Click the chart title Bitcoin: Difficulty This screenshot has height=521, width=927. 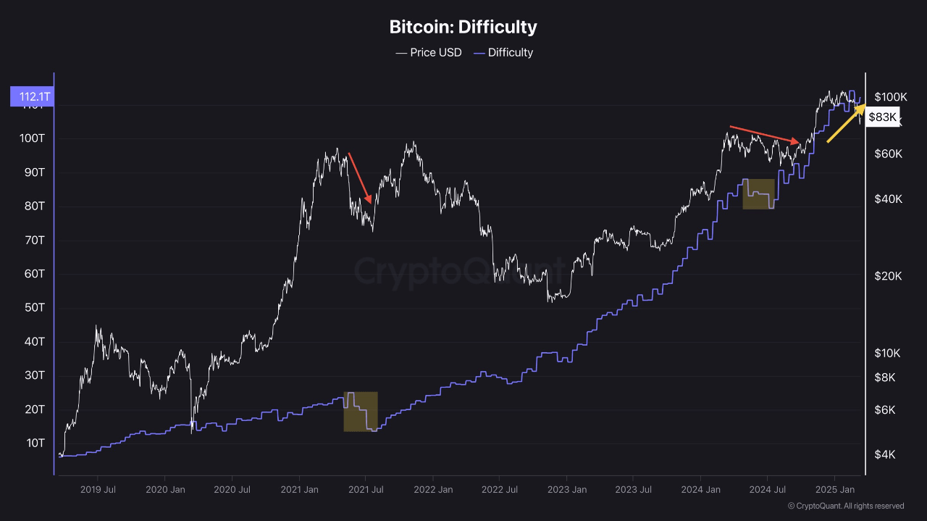pyautogui.click(x=463, y=28)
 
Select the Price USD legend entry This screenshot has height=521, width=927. pyautogui.click(x=428, y=52)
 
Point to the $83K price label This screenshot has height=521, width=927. pyautogui.click(x=882, y=117)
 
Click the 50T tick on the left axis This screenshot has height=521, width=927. pyautogui.click(x=34, y=308)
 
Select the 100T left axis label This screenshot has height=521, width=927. pyautogui.click(x=31, y=138)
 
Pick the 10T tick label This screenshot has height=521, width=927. pyautogui.click(x=34, y=443)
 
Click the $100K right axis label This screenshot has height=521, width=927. pyautogui.click(x=890, y=97)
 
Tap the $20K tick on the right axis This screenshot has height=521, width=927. pyautogui.click(x=888, y=276)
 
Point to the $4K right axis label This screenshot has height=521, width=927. pyautogui.click(x=884, y=455)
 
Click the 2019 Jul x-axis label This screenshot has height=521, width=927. pyautogui.click(x=98, y=490)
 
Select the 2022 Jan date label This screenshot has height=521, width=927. pyautogui.click(x=433, y=490)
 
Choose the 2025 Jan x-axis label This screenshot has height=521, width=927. pyautogui.click(x=835, y=490)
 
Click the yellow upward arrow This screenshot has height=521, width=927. pyautogui.click(x=847, y=123)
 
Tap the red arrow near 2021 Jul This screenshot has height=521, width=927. pyautogui.click(x=360, y=178)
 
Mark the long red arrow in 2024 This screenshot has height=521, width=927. pyautogui.click(x=764, y=135)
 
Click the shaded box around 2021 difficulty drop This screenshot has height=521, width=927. pyautogui.click(x=361, y=412)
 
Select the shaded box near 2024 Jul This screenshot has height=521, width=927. pyautogui.click(x=758, y=193)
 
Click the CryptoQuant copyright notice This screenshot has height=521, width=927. pyautogui.click(x=845, y=506)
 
